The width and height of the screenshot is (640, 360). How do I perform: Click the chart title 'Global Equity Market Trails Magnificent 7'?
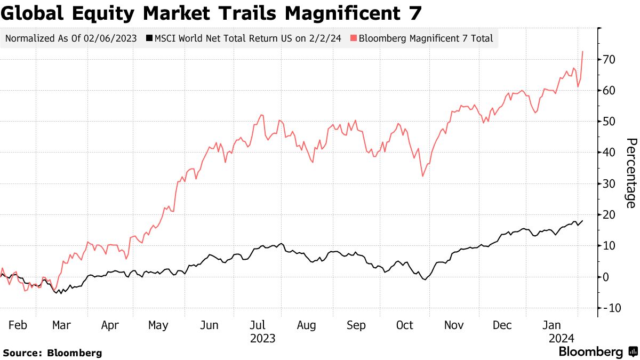pos(212,13)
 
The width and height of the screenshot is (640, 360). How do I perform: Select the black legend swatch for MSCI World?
pos(150,38)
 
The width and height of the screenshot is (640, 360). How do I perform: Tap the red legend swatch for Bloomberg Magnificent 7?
pos(353,38)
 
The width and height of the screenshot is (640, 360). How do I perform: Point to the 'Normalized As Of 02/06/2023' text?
pos(71,38)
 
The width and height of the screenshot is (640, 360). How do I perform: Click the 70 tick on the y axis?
pos(610,59)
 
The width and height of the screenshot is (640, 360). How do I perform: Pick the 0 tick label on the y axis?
pos(606,277)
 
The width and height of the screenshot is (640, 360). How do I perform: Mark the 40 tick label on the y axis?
pos(610,153)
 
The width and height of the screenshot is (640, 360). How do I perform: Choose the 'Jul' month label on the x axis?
pos(258,325)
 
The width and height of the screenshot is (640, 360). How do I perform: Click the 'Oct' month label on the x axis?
pos(405,325)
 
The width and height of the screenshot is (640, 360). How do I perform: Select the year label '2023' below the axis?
pos(262,339)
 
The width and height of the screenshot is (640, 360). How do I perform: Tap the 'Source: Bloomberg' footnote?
pos(52,353)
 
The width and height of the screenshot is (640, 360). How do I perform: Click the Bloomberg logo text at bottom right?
pos(590,352)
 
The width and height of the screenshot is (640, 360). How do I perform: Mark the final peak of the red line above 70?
pos(582,52)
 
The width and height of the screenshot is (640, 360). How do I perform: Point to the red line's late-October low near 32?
pos(423,176)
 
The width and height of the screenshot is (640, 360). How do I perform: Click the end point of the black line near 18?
pos(582,221)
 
